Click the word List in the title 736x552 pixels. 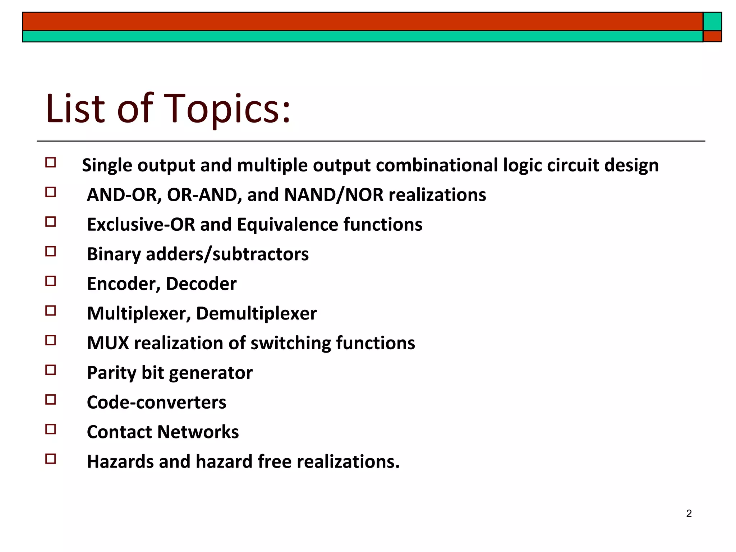[76, 109]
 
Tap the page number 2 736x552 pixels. [689, 514]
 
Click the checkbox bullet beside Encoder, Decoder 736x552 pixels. [51, 281]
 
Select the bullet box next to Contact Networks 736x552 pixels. [51, 429]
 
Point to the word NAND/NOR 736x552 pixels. [334, 195]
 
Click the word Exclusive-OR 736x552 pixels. [141, 225]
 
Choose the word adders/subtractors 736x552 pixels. [227, 254]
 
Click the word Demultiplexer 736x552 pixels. [256, 313]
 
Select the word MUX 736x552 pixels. [108, 343]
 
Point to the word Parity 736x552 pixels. [111, 373]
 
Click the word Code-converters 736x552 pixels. [157, 402]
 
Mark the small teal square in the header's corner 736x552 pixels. [712, 22]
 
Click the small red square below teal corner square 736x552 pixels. [712, 36]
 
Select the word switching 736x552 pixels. [290, 343]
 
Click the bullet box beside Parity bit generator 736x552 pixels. [51, 370]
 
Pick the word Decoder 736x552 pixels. [201, 284]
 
